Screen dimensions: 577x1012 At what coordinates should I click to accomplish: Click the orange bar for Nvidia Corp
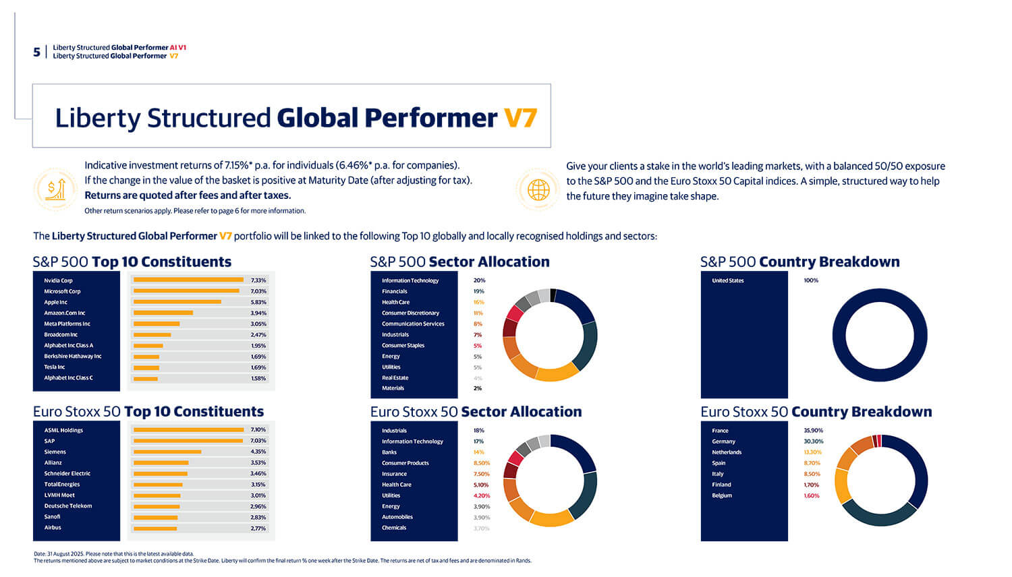(188, 280)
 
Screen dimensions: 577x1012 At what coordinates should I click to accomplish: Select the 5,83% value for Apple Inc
(258, 302)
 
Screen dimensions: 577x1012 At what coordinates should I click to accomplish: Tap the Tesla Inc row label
(55, 367)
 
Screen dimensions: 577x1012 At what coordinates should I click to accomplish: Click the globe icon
(538, 189)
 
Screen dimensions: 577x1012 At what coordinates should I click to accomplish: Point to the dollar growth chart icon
(55, 189)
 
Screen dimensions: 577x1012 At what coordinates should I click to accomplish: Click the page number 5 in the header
(36, 52)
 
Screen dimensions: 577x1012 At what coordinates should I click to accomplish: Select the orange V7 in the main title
(520, 118)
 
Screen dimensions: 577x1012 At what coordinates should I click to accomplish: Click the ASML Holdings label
(63, 430)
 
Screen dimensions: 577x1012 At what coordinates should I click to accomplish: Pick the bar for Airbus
(155, 528)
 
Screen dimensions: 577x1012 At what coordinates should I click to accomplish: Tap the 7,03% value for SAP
(258, 441)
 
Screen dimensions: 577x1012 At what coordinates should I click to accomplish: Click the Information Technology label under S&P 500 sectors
(410, 280)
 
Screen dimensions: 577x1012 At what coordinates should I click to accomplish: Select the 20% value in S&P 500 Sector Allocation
(479, 280)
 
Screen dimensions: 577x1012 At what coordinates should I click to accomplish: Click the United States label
(728, 280)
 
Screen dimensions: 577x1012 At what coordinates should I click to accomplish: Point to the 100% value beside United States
(811, 280)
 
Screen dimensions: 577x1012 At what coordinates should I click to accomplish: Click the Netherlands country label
(727, 452)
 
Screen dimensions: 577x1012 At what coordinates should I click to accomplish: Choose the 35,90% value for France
(814, 431)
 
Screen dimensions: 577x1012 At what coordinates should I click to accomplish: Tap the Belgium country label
(722, 495)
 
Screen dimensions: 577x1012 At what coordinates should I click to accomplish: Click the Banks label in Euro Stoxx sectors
(389, 452)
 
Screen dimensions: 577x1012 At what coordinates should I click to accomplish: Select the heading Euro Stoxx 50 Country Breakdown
(816, 412)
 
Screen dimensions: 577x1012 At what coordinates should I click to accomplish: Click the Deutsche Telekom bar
(157, 506)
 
